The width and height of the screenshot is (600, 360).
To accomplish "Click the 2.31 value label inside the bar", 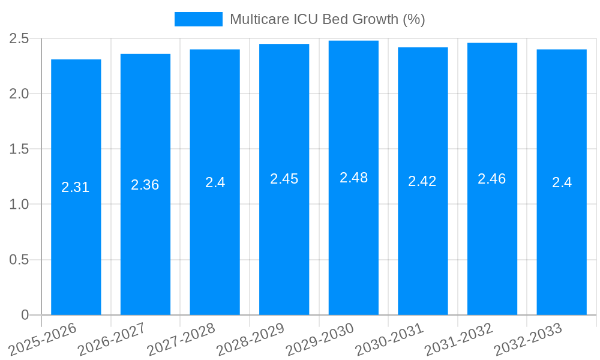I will pos(76,187).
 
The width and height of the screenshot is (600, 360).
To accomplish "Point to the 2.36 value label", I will pos(145,185).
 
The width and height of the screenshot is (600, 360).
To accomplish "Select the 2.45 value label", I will pos(284,179).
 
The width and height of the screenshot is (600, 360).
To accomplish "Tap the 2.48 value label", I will pos(353,178).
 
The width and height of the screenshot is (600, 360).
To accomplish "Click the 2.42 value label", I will pos(422,181).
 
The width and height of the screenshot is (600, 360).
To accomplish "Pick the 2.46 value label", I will pos(492,179).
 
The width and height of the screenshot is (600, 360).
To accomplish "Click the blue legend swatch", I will pos(198,19).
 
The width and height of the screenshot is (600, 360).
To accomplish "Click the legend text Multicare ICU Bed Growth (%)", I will pos(327,19).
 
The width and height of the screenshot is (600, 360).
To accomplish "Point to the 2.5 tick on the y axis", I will pos(19,38).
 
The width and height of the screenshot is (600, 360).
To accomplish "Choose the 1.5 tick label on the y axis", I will pos(19,149).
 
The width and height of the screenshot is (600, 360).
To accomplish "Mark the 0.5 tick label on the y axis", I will pos(19,260).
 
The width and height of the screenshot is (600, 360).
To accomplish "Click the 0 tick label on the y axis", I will pos(25,315).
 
